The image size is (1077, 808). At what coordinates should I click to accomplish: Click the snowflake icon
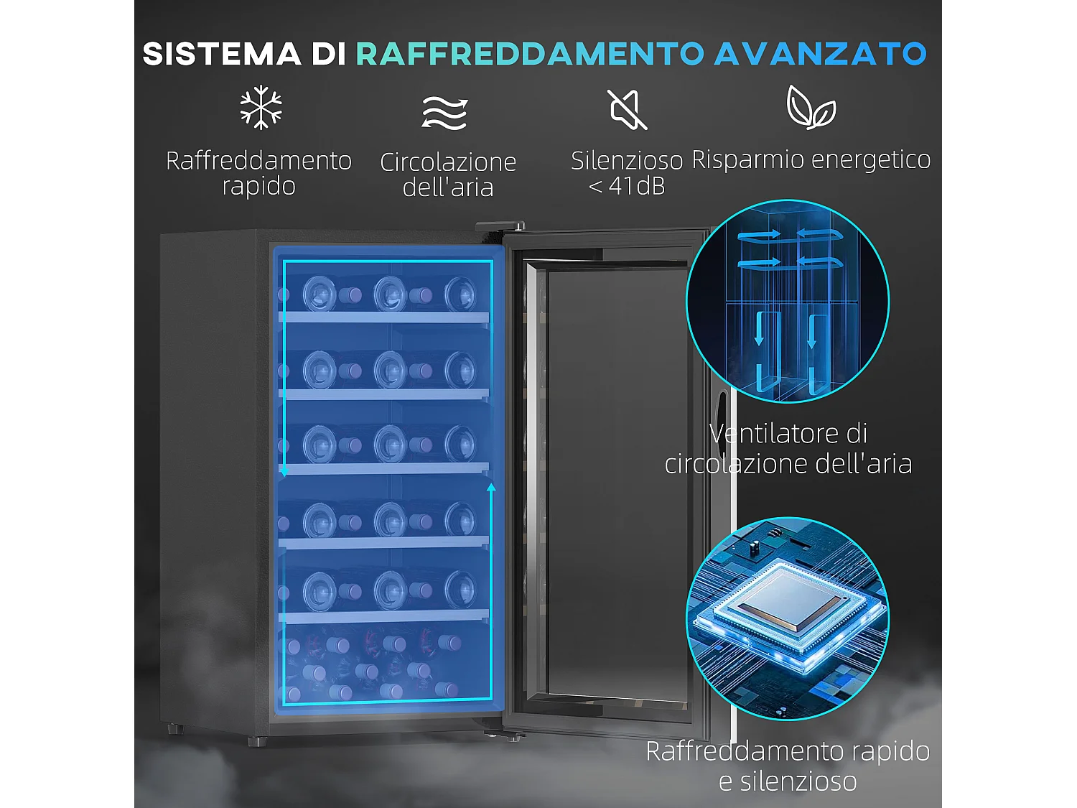pyautogui.click(x=261, y=108)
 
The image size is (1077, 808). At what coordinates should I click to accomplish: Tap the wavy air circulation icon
pyautogui.click(x=444, y=113)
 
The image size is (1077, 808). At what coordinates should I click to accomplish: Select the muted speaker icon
pyautogui.click(x=627, y=110)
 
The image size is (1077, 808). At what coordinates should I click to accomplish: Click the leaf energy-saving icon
pyautogui.click(x=811, y=108)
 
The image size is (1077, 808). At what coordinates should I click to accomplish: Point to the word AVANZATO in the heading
pyautogui.click(x=820, y=55)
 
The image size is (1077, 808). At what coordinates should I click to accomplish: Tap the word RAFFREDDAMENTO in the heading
pyautogui.click(x=531, y=55)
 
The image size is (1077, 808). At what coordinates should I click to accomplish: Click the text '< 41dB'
pyautogui.click(x=627, y=186)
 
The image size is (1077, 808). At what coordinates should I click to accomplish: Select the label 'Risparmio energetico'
pyautogui.click(x=811, y=159)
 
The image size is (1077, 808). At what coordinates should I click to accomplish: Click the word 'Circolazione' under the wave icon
pyautogui.click(x=448, y=162)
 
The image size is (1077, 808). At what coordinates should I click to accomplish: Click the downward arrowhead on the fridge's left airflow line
pyautogui.click(x=284, y=472)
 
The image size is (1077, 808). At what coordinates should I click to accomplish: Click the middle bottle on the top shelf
pyautogui.click(x=390, y=294)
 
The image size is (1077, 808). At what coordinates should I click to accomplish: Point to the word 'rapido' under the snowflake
pyautogui.click(x=258, y=186)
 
